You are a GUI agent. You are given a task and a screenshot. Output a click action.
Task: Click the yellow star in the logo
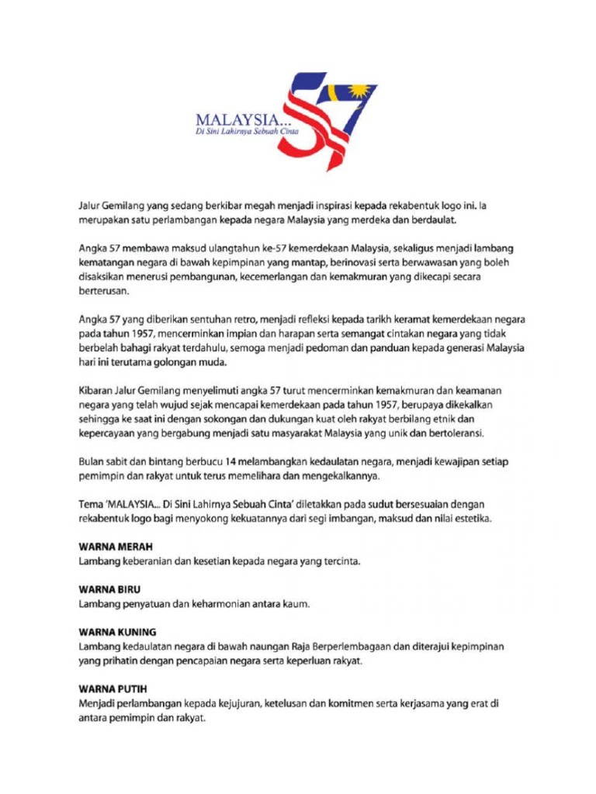pos(359,93)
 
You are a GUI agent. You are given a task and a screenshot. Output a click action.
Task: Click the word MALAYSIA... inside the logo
pos(237,120)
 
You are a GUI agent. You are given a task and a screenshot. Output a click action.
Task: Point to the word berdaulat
pos(433,220)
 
